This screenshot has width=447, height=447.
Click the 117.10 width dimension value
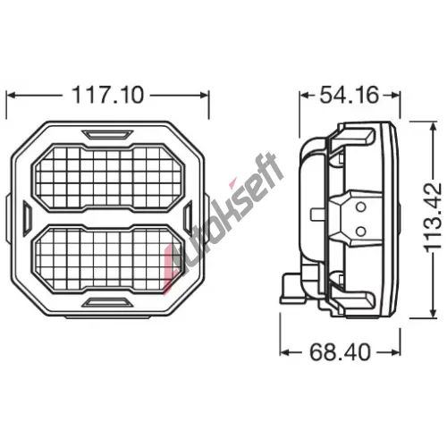[108, 95]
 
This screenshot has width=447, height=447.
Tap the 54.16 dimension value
[350, 95]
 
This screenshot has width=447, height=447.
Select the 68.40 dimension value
[340, 352]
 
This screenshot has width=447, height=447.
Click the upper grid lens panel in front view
[108, 178]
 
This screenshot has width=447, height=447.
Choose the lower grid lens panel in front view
[107, 259]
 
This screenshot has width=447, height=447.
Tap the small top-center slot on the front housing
[107, 134]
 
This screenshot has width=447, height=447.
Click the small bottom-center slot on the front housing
[107, 302]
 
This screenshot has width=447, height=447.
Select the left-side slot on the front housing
[27, 216]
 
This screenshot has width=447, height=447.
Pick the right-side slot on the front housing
[188, 216]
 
